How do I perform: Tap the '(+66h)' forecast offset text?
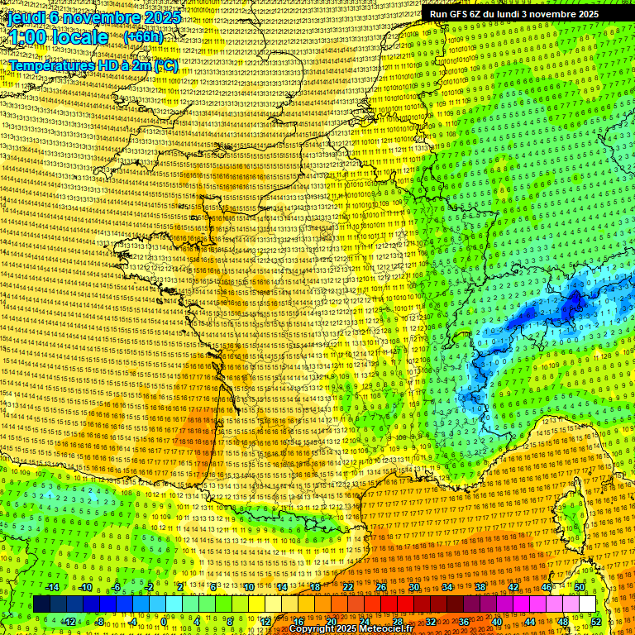click(x=143, y=36)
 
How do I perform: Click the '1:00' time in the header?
click(x=30, y=37)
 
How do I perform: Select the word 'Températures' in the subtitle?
click(x=46, y=64)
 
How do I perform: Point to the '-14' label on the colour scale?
click(x=52, y=587)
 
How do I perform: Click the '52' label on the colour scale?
click(x=596, y=621)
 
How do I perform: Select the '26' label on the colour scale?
click(x=381, y=587)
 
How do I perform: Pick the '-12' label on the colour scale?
click(x=69, y=621)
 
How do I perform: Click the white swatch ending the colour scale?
click(x=587, y=604)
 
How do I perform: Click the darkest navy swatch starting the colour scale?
click(x=41, y=604)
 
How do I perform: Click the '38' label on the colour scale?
click(x=480, y=587)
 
